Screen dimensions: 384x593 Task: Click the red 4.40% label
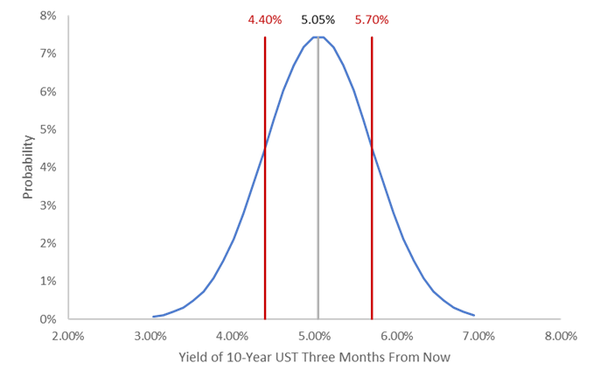pos(265,19)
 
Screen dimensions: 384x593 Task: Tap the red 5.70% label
pos(372,19)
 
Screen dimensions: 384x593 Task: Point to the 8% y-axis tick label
pos(48,16)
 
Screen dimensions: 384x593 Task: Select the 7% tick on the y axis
pos(48,53)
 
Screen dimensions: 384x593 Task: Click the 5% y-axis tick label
pos(48,129)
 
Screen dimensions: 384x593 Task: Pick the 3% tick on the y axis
pos(48,206)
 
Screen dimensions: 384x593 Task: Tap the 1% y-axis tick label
pos(48,281)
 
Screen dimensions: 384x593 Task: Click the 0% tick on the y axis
pos(48,319)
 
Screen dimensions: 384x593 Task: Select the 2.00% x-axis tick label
pos(68,335)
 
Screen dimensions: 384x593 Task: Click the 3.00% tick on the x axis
pos(150,335)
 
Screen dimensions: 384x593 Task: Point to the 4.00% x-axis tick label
pos(233,335)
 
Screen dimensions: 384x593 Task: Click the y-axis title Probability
pos(27,166)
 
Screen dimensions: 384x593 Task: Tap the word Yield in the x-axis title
pos(191,357)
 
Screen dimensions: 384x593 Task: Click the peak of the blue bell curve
pos(318,37)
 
